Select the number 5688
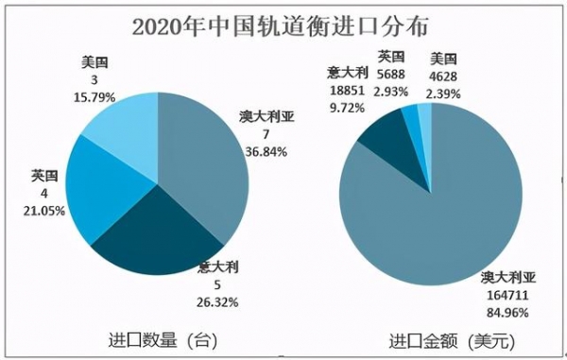coord(393,73)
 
